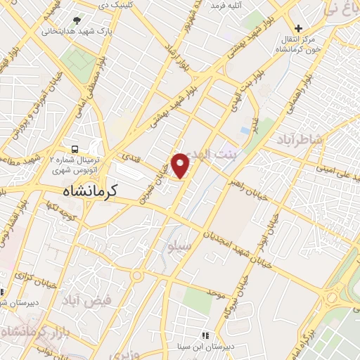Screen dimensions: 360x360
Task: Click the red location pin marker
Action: (181, 165)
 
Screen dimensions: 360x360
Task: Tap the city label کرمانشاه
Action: (87, 189)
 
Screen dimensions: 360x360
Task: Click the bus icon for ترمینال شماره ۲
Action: (74, 148)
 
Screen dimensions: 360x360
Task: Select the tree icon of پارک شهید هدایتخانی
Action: (77, 20)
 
